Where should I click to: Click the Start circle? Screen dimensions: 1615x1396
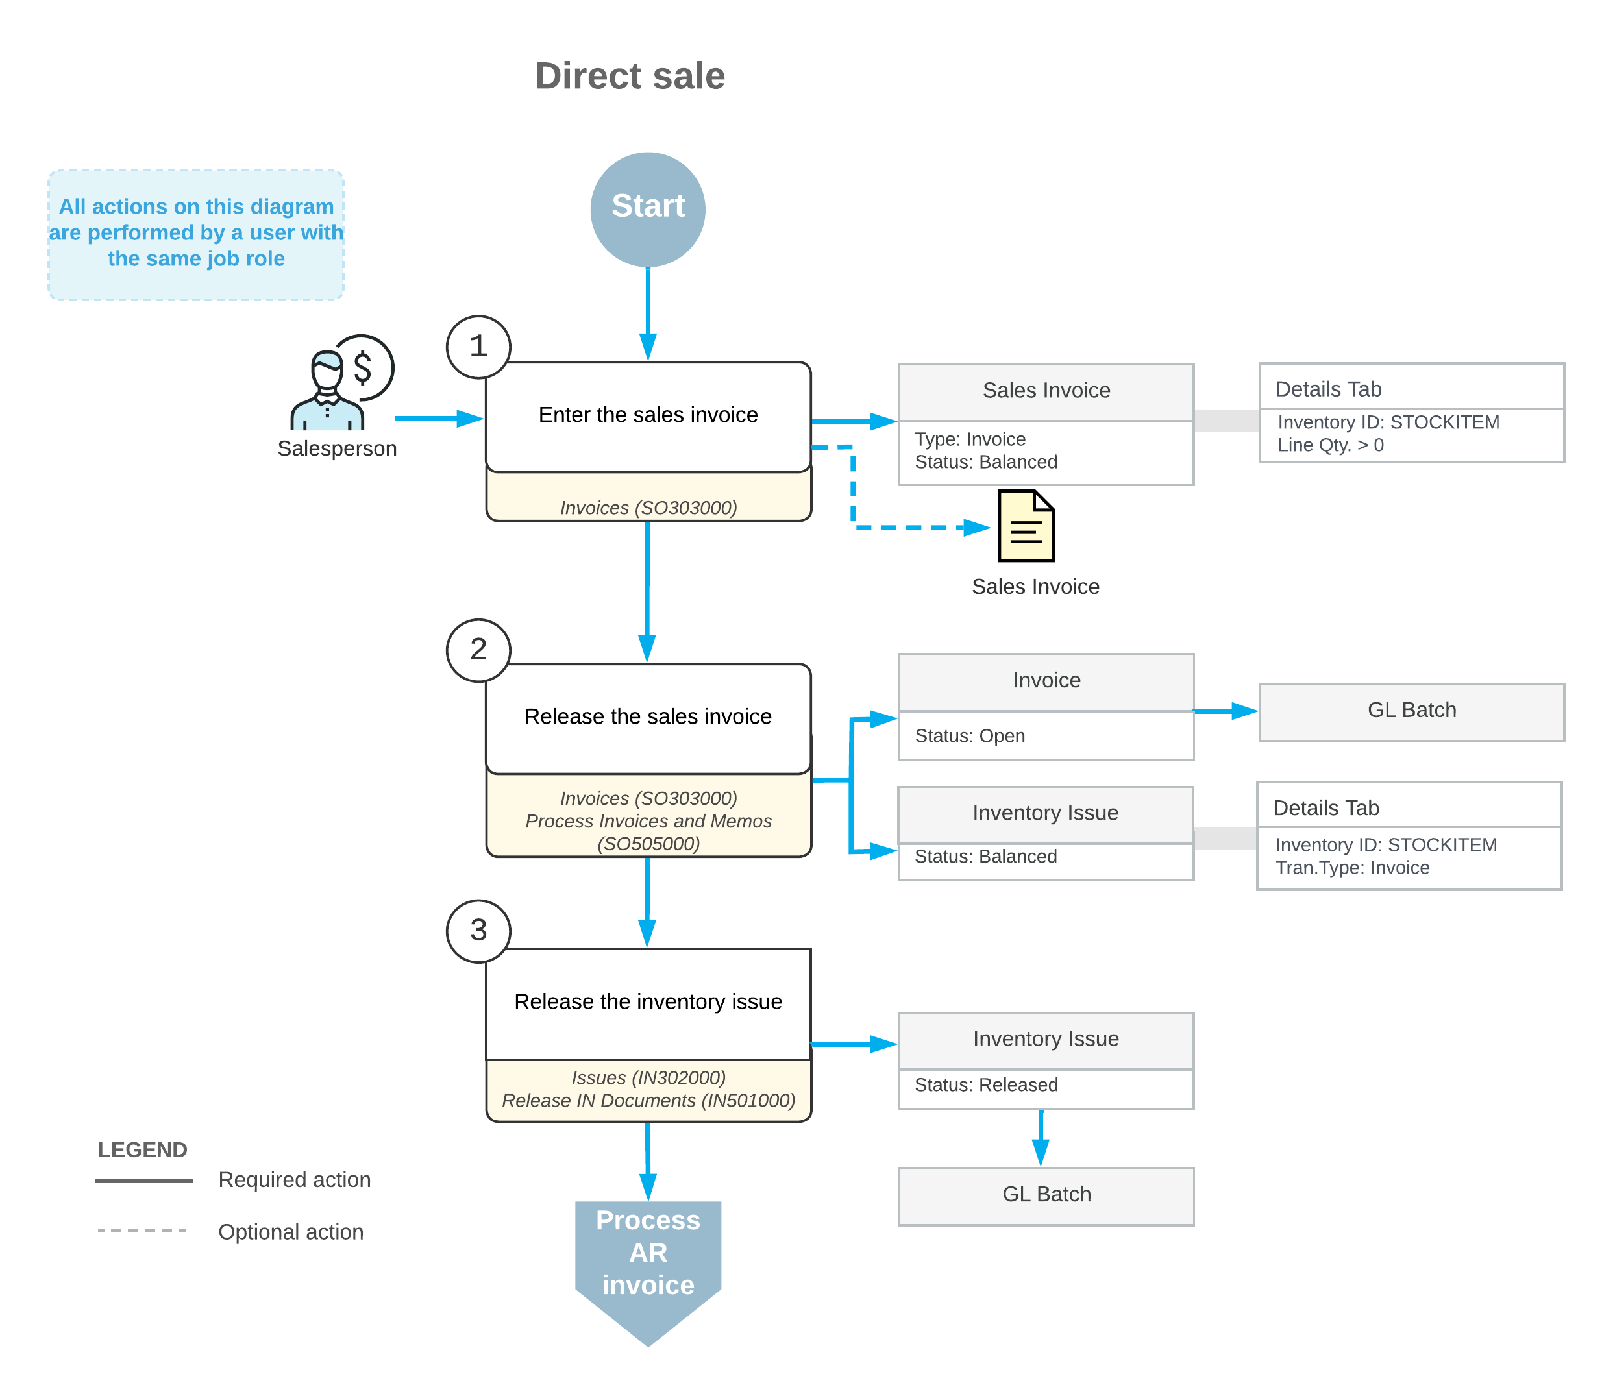648,210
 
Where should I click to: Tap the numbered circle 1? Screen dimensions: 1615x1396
478,347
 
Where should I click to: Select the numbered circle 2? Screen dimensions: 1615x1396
478,650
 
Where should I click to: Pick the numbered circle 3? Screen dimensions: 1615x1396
478,931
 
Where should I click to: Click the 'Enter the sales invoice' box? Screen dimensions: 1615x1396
648,417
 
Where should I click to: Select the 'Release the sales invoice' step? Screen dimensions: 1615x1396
648,718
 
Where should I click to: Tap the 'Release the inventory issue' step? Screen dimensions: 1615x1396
648,1004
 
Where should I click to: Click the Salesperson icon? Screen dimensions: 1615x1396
341,383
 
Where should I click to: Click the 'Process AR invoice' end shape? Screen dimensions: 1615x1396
648,1273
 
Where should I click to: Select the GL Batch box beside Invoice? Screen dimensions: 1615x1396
1412,712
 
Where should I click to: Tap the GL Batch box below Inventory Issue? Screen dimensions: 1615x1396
1046,1197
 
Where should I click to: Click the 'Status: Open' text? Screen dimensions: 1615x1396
970,736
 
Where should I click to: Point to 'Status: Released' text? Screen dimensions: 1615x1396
986,1085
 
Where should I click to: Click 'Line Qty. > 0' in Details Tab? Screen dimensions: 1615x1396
1331,445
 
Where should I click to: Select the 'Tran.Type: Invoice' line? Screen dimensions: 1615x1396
1352,868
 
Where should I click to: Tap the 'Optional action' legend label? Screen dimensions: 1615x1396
291,1232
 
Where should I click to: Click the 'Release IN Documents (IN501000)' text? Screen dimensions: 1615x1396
648,1101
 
